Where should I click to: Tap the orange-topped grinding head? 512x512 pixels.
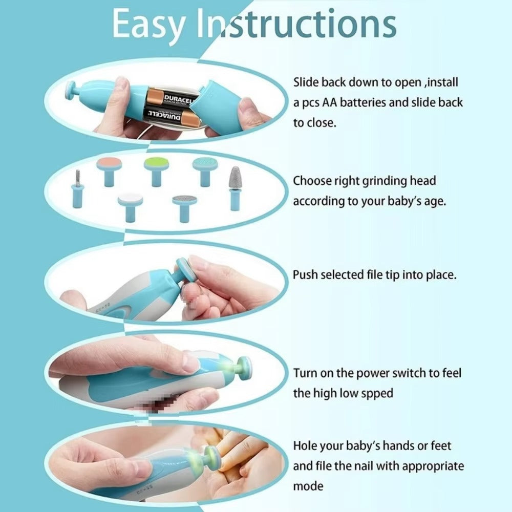pyautogui.click(x=109, y=170)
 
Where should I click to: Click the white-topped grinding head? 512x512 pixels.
pyautogui.click(x=130, y=205)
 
